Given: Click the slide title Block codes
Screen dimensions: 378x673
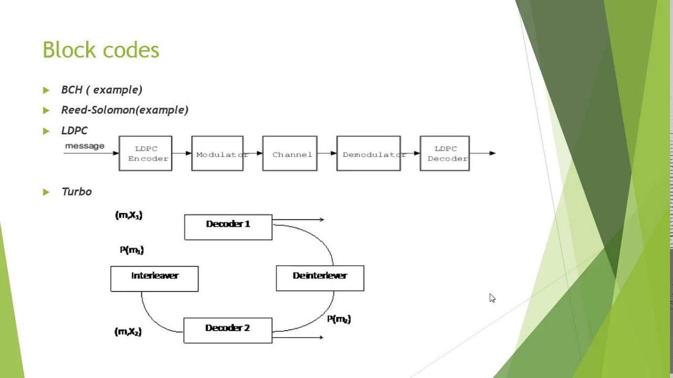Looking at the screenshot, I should pos(100,50).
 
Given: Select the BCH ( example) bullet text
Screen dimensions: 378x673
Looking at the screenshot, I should pos(101,90).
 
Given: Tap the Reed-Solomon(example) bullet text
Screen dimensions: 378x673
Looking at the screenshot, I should pos(125,110).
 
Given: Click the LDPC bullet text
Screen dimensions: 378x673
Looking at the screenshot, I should pos(74,130).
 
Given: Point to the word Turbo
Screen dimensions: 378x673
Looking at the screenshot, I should pos(76,192).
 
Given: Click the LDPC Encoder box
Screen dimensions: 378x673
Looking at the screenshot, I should pos(146,153).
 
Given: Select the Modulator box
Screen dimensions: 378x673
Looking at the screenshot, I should pos(218,153).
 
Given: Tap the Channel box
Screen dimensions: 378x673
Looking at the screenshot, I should pos(290,153).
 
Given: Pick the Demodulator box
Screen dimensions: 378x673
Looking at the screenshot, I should pos(369,153).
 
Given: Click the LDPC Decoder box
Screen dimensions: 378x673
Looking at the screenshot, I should pos(445,153).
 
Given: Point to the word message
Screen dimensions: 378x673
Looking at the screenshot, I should pos(85,146).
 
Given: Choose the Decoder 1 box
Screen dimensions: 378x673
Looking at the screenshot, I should pos(228,227).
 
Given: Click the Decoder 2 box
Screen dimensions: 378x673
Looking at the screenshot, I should pos(228,330).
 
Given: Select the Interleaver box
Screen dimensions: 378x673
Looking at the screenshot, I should pos(155,278).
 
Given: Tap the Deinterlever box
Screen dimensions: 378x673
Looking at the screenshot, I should pos(320,278).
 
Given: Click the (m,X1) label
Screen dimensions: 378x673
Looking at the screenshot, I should pos(129,215).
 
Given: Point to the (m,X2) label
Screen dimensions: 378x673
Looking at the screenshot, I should pos(128,332).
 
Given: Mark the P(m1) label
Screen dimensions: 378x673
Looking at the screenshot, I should pos(131,250).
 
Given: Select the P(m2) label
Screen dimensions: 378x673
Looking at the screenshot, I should pos(339,319).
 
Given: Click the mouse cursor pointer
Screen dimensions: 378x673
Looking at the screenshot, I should pos(492,298).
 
